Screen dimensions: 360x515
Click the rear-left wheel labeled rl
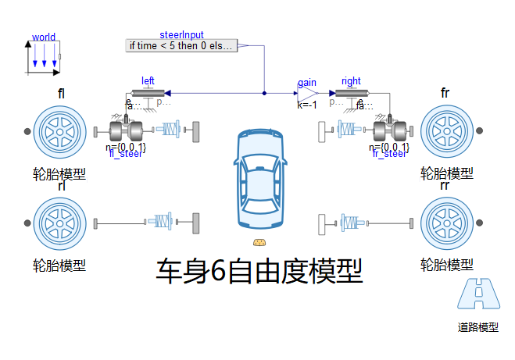59,224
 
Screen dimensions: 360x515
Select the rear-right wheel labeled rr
446,224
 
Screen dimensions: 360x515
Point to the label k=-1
307,105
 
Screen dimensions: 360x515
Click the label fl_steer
126,154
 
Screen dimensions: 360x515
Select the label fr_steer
389,154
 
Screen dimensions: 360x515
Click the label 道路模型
477,328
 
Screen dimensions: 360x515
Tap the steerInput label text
181,34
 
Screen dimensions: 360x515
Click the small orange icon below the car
261,242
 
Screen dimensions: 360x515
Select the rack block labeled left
148,93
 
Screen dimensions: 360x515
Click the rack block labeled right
352,93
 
